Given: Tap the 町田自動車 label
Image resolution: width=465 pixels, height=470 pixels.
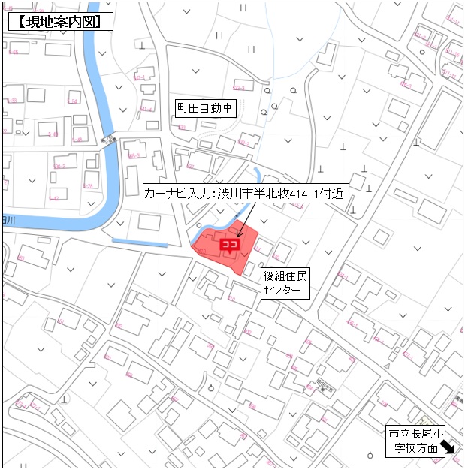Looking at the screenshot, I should pos(205,108).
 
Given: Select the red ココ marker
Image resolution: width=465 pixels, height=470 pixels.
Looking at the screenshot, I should pos(228,244).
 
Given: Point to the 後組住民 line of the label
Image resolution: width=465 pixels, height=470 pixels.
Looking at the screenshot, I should pos(285,276).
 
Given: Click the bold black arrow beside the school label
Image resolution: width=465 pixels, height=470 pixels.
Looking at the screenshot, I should pos(449,448).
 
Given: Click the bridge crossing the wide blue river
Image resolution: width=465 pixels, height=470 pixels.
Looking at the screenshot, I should pos(110,140).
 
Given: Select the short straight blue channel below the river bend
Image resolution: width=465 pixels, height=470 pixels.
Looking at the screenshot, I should pos(140,242).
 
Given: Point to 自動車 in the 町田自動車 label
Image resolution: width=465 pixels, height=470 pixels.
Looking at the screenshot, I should pos(217,108).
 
